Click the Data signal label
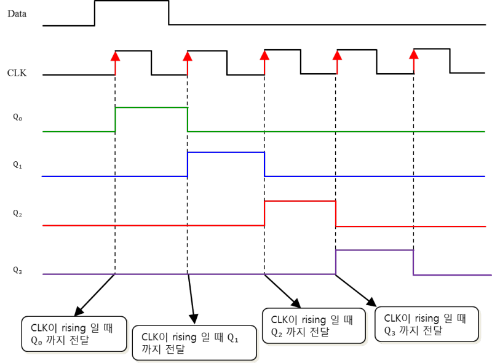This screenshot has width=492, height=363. click(17, 13)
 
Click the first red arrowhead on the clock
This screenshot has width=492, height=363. click(115, 56)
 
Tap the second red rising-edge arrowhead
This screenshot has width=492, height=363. click(188, 56)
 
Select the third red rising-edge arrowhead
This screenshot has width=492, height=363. click(264, 56)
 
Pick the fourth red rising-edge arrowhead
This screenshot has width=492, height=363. click(336, 56)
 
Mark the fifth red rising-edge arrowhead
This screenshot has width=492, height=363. click(413, 56)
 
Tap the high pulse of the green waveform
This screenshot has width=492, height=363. click(151, 108)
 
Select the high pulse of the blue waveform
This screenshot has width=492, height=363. click(226, 152)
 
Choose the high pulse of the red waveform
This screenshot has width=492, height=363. click(300, 201)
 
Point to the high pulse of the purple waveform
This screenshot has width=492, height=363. click(374, 250)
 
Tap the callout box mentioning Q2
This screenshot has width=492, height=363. click(308, 325)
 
